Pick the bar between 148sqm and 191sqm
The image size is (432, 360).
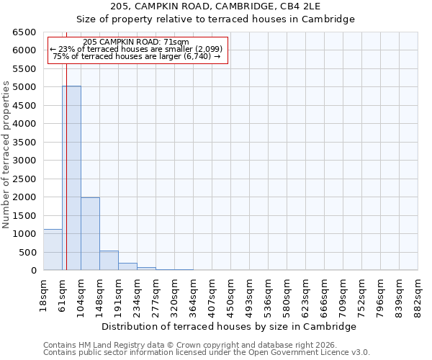[x=109, y=261]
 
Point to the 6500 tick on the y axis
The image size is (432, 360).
[x=24, y=32]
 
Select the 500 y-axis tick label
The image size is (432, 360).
[x=27, y=253]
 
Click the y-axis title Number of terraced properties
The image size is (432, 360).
[x=6, y=155]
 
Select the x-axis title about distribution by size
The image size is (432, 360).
[x=230, y=326]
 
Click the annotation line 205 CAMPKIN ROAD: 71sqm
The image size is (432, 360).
[x=136, y=42]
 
